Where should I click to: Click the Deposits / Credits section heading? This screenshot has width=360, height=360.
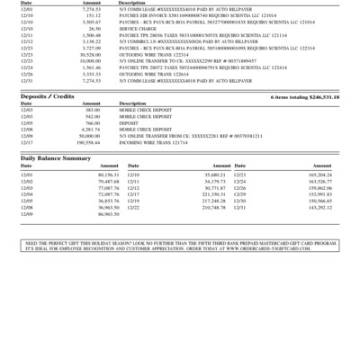pyautogui.click(x=46, y=95)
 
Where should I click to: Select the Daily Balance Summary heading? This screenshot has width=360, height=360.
pyautogui.click(x=56, y=157)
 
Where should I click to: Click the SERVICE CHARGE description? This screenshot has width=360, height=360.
pyautogui.click(x=138, y=28)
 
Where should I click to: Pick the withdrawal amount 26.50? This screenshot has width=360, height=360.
pyautogui.click(x=93, y=28)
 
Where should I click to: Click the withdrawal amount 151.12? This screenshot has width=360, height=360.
pyautogui.click(x=92, y=15)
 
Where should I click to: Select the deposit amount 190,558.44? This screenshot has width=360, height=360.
pyautogui.click(x=87, y=142)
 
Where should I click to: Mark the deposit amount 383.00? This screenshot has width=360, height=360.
pyautogui.click(x=92, y=111)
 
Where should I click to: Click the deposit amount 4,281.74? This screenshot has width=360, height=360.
pyautogui.click(x=90, y=130)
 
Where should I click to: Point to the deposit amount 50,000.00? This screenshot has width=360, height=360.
pyautogui.click(x=88, y=136)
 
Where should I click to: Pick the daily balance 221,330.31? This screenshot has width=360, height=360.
pyautogui.click(x=213, y=193)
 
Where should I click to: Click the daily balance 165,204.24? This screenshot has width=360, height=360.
pyautogui.click(x=320, y=175)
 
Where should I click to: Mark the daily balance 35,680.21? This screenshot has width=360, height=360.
pyautogui.click(x=214, y=175)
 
